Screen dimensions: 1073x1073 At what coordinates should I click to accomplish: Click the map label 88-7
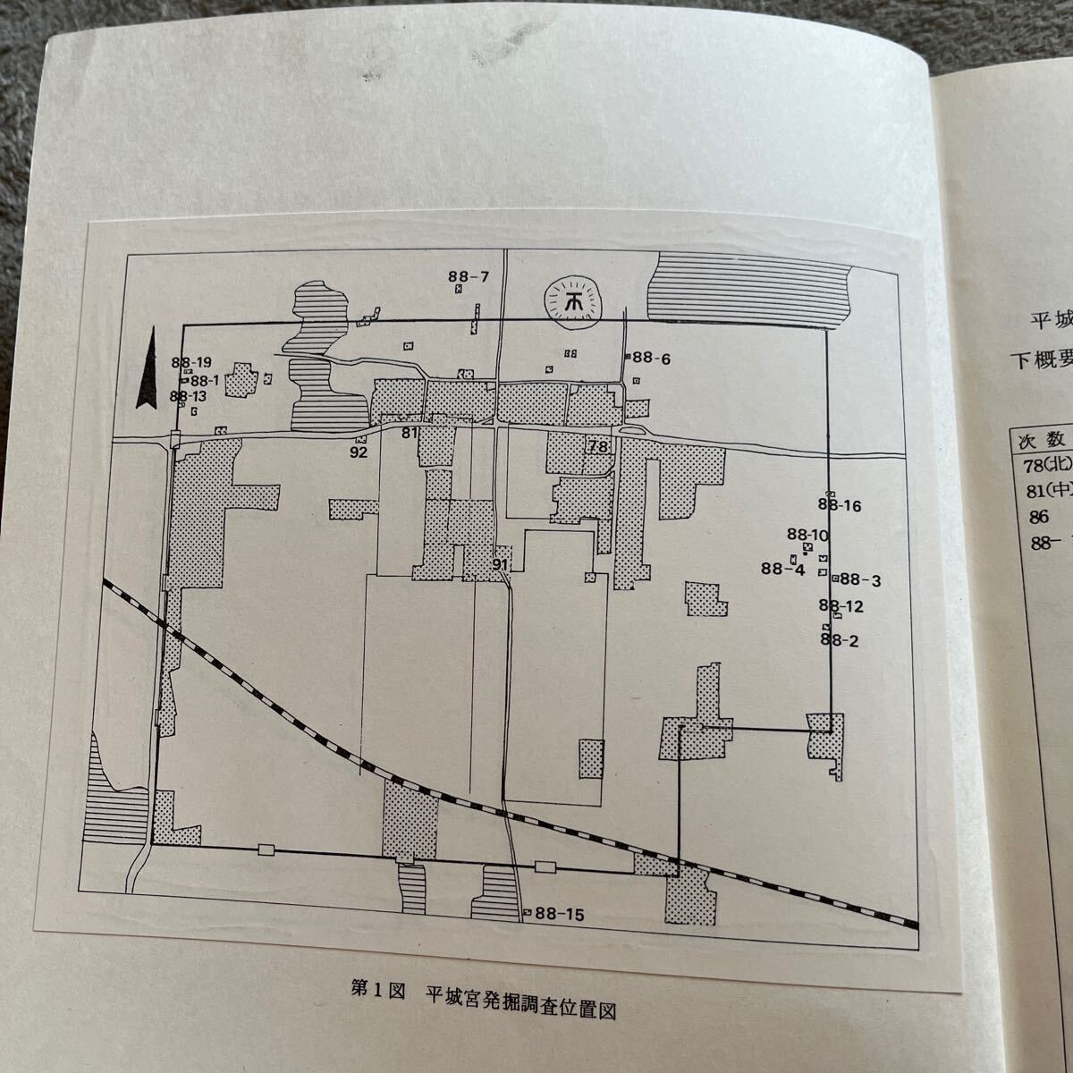[469, 276]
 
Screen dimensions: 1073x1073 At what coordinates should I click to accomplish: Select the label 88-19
[192, 363]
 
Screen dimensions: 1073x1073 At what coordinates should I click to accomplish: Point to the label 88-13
[188, 396]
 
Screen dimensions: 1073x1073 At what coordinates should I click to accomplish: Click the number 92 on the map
[359, 452]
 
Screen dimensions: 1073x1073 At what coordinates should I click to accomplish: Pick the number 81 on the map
[410, 433]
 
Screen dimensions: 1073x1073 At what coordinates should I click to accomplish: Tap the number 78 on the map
[598, 446]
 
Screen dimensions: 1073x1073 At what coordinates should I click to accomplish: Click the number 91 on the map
[501, 564]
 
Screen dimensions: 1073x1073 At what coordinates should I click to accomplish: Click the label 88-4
[783, 568]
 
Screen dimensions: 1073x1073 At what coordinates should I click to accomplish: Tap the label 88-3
[860, 580]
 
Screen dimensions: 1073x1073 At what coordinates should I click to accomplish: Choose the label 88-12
[841, 607]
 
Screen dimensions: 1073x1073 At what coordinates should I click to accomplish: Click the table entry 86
[1038, 517]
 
